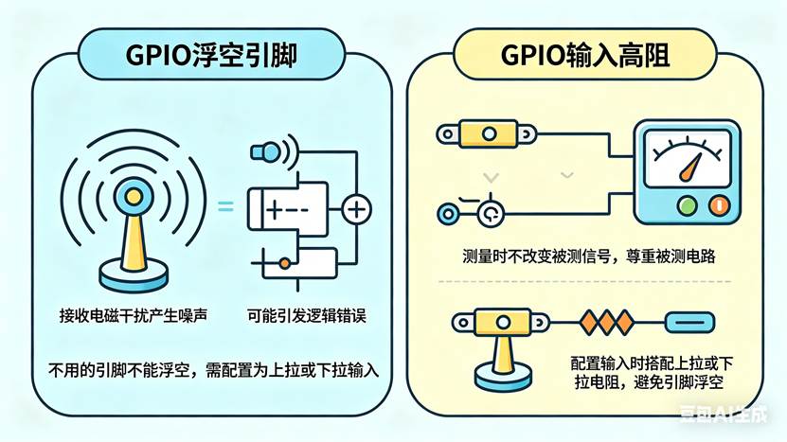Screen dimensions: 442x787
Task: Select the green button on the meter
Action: (687, 203)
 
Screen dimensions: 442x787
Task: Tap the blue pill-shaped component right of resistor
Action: (686, 321)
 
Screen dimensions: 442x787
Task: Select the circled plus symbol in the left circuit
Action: (356, 208)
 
